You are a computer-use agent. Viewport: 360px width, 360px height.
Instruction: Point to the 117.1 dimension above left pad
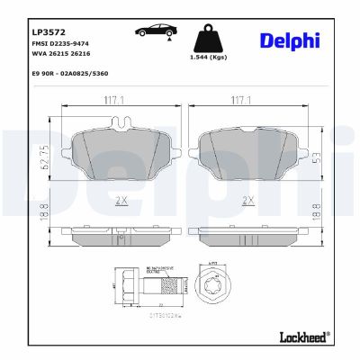coord(112,100)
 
